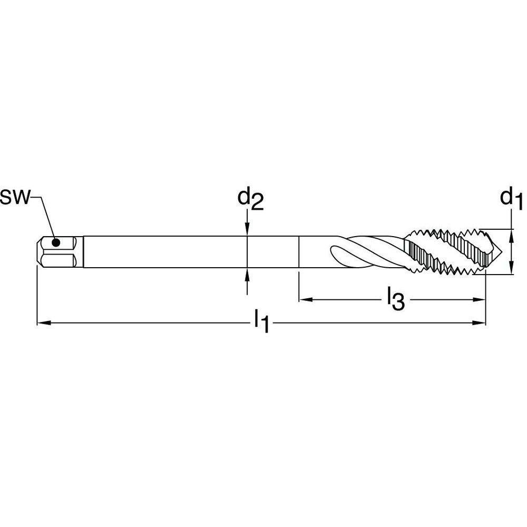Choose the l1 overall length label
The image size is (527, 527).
coord(261,321)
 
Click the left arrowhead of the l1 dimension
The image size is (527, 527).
coord(41,322)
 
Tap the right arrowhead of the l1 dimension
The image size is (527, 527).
coord(480,322)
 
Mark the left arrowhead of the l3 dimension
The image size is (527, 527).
coord(305,300)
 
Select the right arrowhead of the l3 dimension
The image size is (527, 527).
coord(480,300)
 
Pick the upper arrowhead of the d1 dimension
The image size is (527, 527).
coord(511,235)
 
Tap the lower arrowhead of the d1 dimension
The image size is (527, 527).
coord(511,268)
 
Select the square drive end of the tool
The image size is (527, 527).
coord(58,251)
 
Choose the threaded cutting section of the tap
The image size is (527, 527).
coord(448,251)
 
